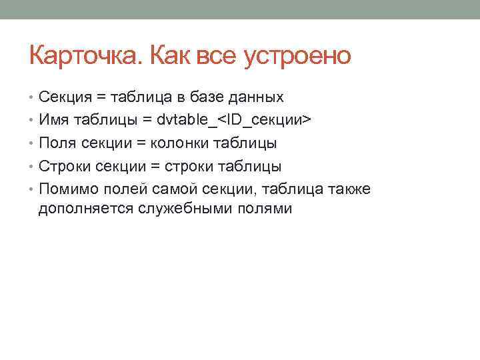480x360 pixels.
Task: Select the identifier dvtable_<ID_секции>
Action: point(234,120)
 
